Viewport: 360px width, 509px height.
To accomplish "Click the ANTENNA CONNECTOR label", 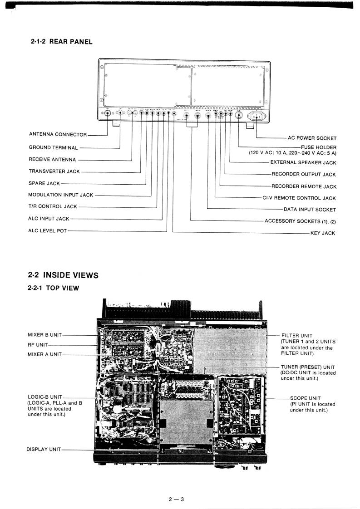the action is (58, 135).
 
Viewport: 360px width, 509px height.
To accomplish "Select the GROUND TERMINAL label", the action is (53, 147).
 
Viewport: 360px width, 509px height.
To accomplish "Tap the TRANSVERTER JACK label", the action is (54, 171).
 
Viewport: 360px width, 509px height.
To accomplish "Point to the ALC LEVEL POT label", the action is (47, 231).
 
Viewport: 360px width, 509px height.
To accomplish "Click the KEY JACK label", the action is (322, 233).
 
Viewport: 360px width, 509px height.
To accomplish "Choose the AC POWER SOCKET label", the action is (312, 137).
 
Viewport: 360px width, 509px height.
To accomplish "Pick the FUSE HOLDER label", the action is (318, 147).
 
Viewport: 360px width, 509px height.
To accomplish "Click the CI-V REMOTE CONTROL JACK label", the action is (299, 198).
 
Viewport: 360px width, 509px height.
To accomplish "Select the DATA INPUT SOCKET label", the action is (310, 210).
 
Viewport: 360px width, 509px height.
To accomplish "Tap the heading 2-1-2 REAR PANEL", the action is (61, 42).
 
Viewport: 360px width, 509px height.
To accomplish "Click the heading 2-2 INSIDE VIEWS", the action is (63, 275).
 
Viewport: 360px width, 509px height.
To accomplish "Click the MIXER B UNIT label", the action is (45, 335).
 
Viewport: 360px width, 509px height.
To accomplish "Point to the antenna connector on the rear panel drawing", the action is (108, 114).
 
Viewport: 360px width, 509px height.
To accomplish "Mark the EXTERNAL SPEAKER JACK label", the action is (303, 162).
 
